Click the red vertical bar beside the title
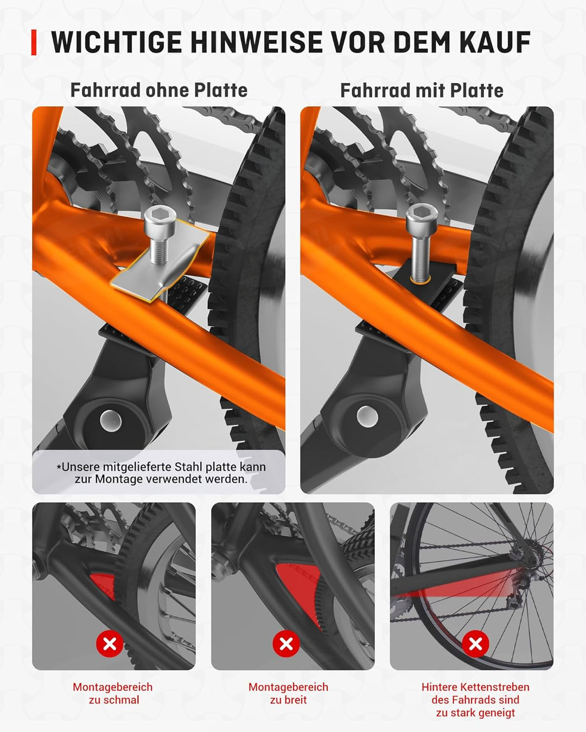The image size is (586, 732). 34,42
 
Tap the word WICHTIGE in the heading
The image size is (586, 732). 116,42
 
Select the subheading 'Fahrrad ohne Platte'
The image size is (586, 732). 158,90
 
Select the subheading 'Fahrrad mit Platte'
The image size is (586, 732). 422,91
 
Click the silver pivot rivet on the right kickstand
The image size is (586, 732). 367,416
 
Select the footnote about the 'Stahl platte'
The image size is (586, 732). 161,473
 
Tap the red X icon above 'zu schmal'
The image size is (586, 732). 110,644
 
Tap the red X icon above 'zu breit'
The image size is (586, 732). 286,644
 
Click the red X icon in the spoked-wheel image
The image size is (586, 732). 475,644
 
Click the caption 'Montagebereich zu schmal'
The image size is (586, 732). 113,694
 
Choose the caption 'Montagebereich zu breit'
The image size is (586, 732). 288,694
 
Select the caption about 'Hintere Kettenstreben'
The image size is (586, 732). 475,700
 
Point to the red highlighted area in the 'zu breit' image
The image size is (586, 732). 296,583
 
